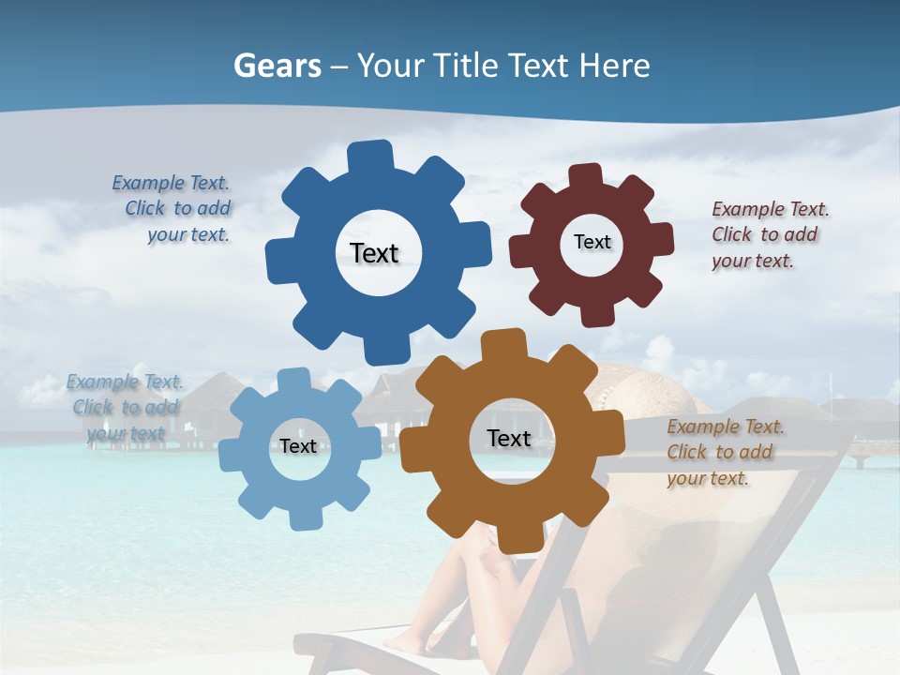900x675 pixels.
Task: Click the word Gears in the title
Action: (x=277, y=66)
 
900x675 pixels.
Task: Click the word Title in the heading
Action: (x=465, y=66)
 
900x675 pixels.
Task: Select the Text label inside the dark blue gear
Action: (x=374, y=253)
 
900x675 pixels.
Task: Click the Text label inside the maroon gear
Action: (x=592, y=242)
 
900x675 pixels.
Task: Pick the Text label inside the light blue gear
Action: (x=298, y=446)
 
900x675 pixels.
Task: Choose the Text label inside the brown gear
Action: (x=509, y=438)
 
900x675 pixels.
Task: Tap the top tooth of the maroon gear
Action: (x=585, y=176)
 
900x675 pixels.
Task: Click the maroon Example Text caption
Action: (x=769, y=234)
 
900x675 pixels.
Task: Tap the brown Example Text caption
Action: (x=724, y=452)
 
